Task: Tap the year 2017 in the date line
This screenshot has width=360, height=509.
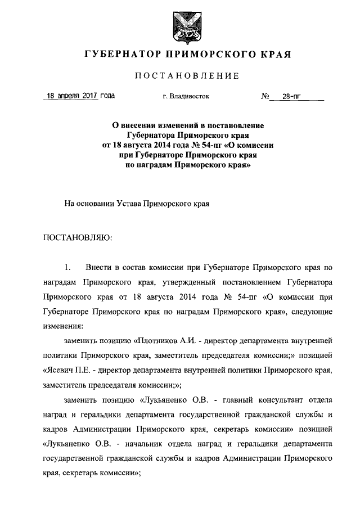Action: pos(89,96)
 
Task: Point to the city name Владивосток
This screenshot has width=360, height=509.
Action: pos(190,96)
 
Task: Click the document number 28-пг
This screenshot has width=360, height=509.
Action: pos(291,96)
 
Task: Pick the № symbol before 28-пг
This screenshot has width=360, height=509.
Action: pos(267,96)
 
